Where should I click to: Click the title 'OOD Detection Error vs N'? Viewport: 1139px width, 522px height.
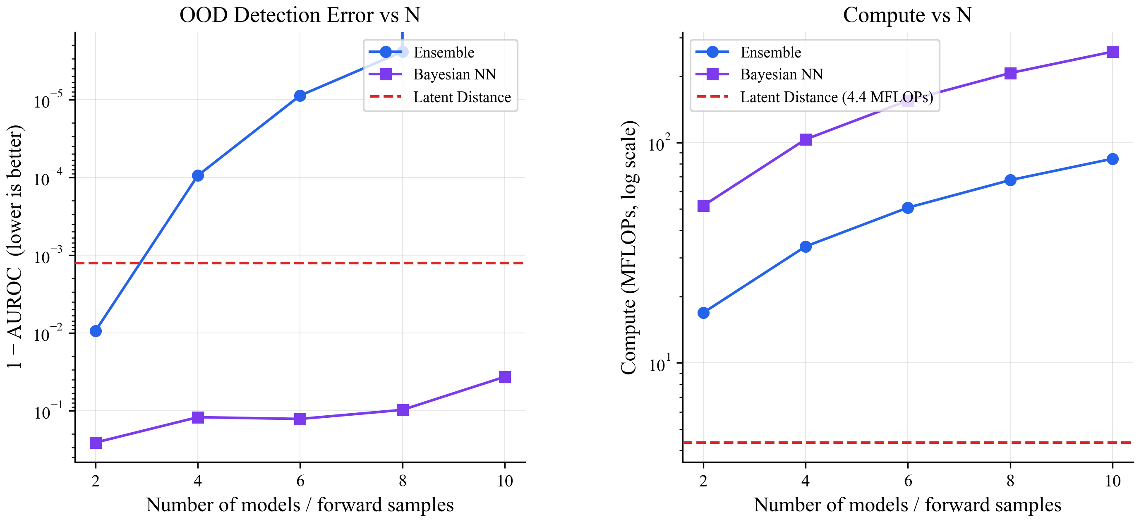pos(300,15)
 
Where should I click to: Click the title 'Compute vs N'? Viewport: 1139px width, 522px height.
pos(907,15)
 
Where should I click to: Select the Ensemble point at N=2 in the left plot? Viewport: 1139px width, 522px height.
pos(96,331)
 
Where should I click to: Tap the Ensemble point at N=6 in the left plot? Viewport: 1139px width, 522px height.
pos(300,96)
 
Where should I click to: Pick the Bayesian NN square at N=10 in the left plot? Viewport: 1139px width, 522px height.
pos(504,376)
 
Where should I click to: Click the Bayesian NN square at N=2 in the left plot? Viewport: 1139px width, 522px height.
pos(96,443)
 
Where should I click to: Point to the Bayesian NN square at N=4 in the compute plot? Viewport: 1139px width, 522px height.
pos(806,140)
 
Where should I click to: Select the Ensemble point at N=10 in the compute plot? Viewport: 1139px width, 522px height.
pos(1113,159)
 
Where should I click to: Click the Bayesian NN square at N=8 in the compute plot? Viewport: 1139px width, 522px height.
pos(1010,73)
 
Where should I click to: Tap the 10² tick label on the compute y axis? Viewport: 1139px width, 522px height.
pos(659,143)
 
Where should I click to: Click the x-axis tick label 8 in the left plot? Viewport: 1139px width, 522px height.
pos(403,481)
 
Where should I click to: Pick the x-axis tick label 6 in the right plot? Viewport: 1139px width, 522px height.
pos(908,481)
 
